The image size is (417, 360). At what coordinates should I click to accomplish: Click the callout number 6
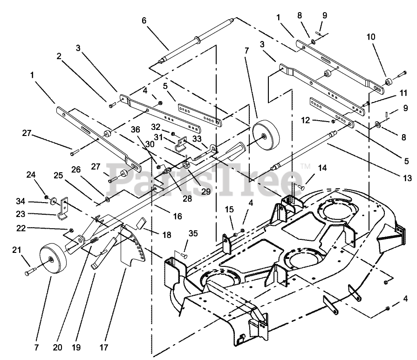pyautogui.click(x=144, y=21)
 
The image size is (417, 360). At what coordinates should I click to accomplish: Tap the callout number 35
pyautogui.click(x=193, y=233)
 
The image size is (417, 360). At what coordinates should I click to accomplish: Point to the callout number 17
pyautogui.click(x=104, y=347)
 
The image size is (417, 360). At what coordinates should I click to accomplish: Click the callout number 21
pyautogui.click(x=17, y=250)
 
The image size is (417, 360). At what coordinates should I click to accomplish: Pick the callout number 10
pyautogui.click(x=371, y=37)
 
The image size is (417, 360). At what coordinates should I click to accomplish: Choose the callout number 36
pyautogui.click(x=136, y=129)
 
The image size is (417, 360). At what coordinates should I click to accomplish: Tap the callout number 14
pyautogui.click(x=322, y=168)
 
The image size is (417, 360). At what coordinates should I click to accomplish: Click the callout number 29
pyautogui.click(x=206, y=191)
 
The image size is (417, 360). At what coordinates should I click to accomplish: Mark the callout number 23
pyautogui.click(x=21, y=214)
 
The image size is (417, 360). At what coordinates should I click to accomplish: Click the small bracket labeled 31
pyautogui.click(x=181, y=143)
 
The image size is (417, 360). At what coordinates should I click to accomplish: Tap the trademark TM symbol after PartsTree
pyautogui.click(x=305, y=166)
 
